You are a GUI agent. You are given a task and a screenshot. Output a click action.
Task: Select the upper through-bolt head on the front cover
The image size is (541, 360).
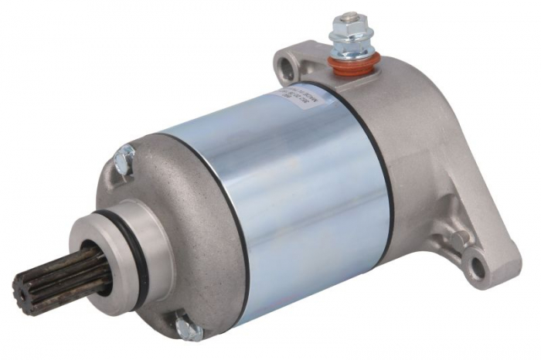pyautogui.click(x=124, y=161)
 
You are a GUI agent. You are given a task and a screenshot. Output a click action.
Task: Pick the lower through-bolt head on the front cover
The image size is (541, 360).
pyautogui.click(x=185, y=328)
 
